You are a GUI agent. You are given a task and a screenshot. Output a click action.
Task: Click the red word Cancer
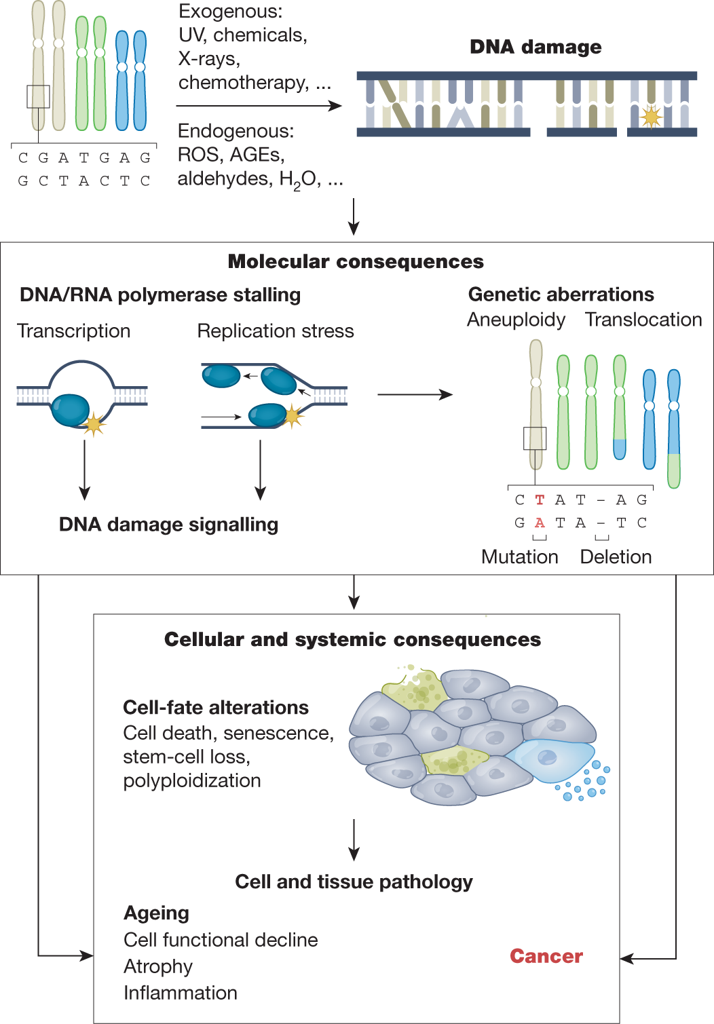pyautogui.click(x=546, y=956)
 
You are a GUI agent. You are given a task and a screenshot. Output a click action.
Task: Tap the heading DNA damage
pyautogui.click(x=535, y=47)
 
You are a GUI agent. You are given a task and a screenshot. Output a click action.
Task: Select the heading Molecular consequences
pyautogui.click(x=356, y=261)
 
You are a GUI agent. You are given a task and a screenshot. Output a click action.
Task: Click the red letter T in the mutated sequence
pyautogui.click(x=540, y=500)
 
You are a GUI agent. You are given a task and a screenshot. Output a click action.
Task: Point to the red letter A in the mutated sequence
pyautogui.click(x=540, y=523)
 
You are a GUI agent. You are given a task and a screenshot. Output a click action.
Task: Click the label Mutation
pyautogui.click(x=519, y=556)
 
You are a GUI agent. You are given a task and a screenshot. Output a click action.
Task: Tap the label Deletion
pyautogui.click(x=616, y=556)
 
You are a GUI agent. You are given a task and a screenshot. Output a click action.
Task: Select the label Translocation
pyautogui.click(x=643, y=320)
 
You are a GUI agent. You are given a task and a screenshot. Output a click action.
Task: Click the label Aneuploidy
pyautogui.click(x=516, y=320)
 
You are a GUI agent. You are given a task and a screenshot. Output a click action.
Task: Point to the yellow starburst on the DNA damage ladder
pyautogui.click(x=651, y=117)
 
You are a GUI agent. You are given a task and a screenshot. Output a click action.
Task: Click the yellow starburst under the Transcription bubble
pyautogui.click(x=94, y=424)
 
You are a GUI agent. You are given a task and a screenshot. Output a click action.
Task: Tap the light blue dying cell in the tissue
pyautogui.click(x=550, y=760)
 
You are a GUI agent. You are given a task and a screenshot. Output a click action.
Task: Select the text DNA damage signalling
pyautogui.click(x=168, y=525)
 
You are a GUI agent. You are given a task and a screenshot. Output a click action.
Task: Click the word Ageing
pyautogui.click(x=156, y=913)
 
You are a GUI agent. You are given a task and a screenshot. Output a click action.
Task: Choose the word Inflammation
pyautogui.click(x=180, y=993)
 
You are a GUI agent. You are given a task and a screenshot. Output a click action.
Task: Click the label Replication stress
pyautogui.click(x=275, y=331)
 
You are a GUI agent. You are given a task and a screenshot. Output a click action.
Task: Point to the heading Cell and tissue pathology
pyautogui.click(x=354, y=881)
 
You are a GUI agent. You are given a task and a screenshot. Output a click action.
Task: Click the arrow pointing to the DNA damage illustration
pyautogui.click(x=259, y=106)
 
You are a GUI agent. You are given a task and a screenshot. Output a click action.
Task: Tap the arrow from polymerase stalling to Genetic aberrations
pyautogui.click(x=415, y=394)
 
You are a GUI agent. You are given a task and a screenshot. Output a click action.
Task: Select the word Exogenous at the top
pyautogui.click(x=230, y=12)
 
